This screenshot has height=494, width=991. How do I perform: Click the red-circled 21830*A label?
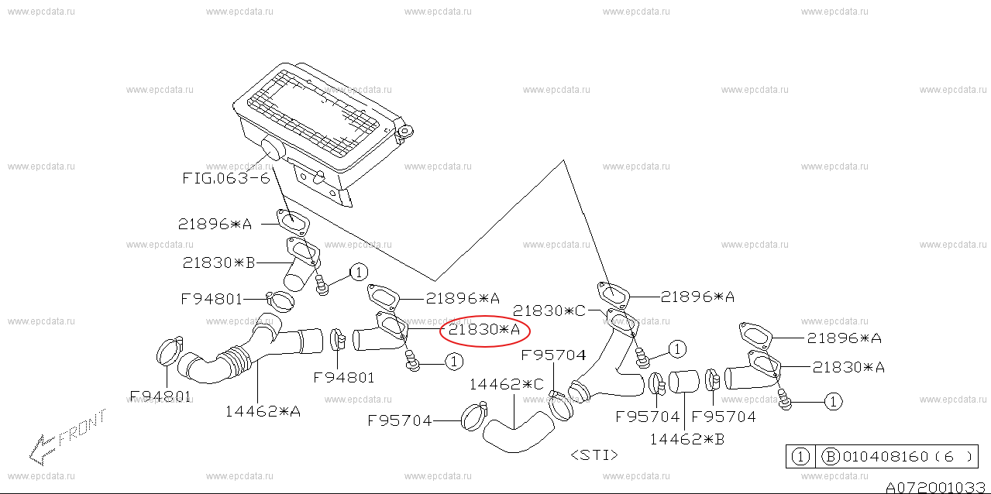[484, 330]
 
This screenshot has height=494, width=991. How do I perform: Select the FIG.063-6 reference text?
[226, 178]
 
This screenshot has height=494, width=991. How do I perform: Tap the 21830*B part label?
[219, 262]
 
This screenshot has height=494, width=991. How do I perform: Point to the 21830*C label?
[549, 311]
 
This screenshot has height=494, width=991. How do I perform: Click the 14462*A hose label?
[263, 412]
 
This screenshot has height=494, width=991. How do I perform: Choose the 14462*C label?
[507, 384]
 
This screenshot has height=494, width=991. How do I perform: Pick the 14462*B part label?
[687, 439]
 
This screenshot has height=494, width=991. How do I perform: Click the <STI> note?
[594, 455]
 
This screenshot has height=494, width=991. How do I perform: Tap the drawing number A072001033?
[935, 487]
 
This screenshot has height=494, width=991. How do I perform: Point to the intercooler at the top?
[323, 132]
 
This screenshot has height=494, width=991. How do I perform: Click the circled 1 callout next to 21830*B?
[359, 272]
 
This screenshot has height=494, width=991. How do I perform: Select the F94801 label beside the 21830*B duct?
[212, 300]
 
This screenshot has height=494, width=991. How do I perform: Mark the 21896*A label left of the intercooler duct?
[215, 225]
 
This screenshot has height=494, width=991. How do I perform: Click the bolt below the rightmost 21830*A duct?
[784, 400]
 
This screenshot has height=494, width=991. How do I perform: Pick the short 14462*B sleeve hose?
[684, 382]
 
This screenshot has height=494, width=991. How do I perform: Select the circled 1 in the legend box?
[800, 456]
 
